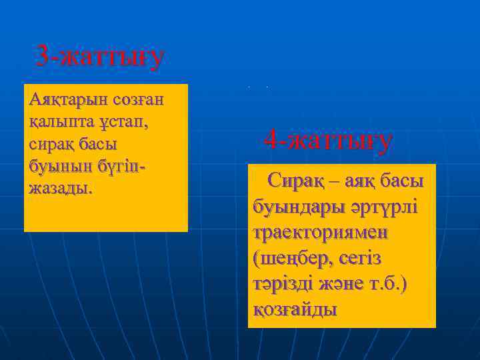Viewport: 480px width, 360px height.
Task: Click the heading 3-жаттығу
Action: (x=99, y=57)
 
